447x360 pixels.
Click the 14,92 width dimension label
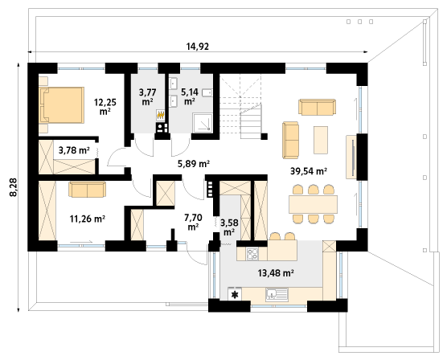tap(198, 46)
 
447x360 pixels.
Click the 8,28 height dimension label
tap(14, 187)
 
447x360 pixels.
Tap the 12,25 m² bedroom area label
tap(105, 106)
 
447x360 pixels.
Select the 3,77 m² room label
tap(147, 97)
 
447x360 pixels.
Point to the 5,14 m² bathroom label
tap(190, 96)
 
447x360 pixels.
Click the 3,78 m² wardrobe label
tap(74, 150)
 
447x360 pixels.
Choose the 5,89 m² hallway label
tap(194, 164)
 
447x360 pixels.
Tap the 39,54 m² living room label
tap(309, 171)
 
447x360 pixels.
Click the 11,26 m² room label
tap(88, 219)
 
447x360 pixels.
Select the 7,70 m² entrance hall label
tap(193, 223)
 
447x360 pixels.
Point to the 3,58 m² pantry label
tap(229, 227)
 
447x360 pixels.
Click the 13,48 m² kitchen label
tap(276, 272)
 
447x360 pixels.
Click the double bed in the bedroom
tap(62, 105)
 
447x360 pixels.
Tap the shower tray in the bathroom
tap(203, 123)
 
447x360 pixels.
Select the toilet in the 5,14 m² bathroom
tap(207, 92)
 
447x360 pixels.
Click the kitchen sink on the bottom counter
tap(277, 294)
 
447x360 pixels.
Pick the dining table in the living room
tap(313, 204)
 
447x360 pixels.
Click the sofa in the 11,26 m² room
tap(88, 190)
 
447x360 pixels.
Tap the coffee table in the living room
tap(321, 141)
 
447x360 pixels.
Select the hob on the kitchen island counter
tap(252, 254)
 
